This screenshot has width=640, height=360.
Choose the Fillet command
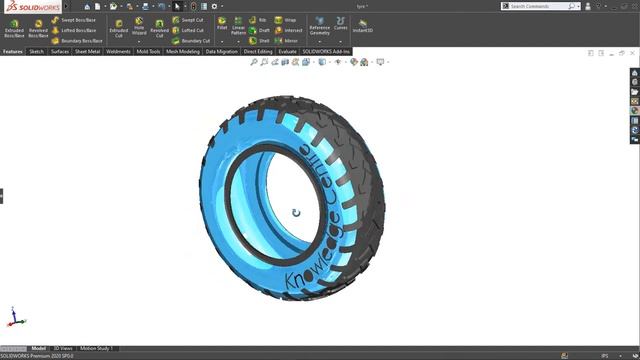[221, 26]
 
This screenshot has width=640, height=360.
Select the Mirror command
[287, 41]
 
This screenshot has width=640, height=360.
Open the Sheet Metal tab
[87, 51]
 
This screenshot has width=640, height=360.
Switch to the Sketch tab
[36, 51]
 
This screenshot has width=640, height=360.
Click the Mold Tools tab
[148, 51]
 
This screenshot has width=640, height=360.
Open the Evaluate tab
[287, 51]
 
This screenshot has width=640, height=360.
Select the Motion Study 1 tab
[97, 349]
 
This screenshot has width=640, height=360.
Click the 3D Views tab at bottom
[63, 349]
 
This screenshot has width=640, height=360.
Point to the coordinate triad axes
[12, 317]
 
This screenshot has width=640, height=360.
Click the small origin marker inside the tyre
[296, 212]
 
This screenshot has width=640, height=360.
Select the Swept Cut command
[189, 19]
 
